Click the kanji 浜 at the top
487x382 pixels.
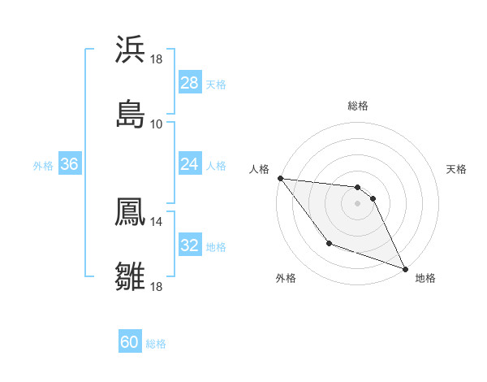(130, 50)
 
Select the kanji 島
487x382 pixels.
(130, 114)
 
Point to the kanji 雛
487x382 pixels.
(130, 276)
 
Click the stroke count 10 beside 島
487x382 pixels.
(156, 124)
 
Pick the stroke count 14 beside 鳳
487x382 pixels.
(156, 220)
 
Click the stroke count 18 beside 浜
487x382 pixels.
(156, 59)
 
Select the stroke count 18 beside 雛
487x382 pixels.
(156, 286)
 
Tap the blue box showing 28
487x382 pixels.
(190, 83)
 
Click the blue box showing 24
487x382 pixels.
(190, 164)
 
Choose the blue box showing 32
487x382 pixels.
(190, 245)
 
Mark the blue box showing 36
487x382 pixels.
(70, 164)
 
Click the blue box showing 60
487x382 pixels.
(130, 342)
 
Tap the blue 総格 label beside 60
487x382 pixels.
(156, 344)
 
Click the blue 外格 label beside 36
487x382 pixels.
(43, 165)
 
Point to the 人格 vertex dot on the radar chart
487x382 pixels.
(280, 178)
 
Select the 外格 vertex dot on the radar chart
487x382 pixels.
(329, 243)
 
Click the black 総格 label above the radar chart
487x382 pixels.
(358, 106)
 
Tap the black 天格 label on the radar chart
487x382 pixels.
(457, 169)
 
